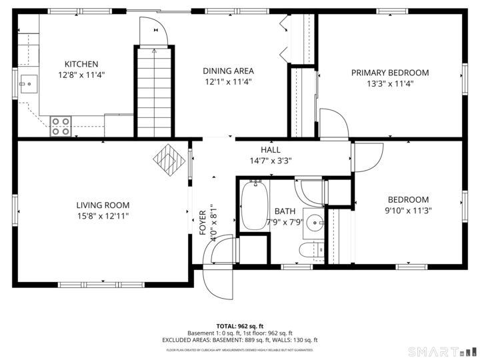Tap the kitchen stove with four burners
[x=61, y=126]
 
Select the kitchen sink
[x=28, y=85]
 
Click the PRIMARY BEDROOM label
[x=390, y=73]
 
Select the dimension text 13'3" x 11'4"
[x=390, y=84]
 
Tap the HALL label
[x=270, y=150]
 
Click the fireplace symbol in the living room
[x=167, y=160]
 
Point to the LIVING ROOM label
[x=103, y=205]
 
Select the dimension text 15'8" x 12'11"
[x=103, y=216]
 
